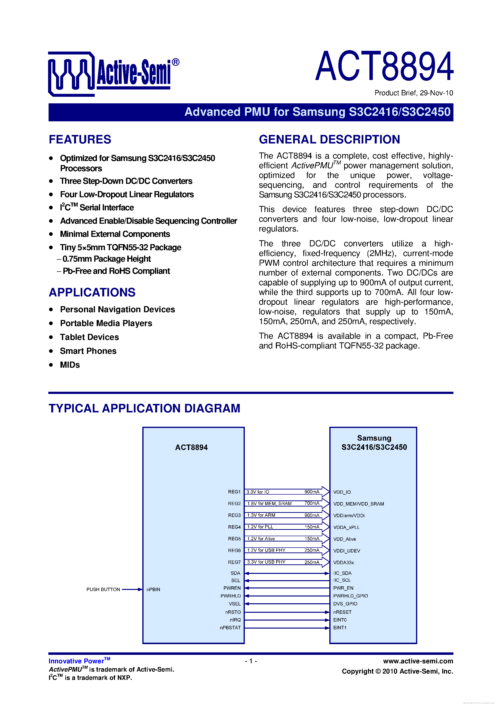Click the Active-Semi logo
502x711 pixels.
(113, 74)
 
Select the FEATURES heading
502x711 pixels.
(80, 139)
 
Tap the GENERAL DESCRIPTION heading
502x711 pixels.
(329, 139)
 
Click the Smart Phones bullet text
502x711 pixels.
(88, 351)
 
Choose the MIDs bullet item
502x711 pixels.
(70, 365)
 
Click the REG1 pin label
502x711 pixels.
(234, 492)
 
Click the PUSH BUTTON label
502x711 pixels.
(103, 589)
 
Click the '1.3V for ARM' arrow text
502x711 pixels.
(261, 515)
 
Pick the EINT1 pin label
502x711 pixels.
(340, 628)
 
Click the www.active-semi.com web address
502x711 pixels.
(418, 661)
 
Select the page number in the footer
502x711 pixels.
(251, 661)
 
